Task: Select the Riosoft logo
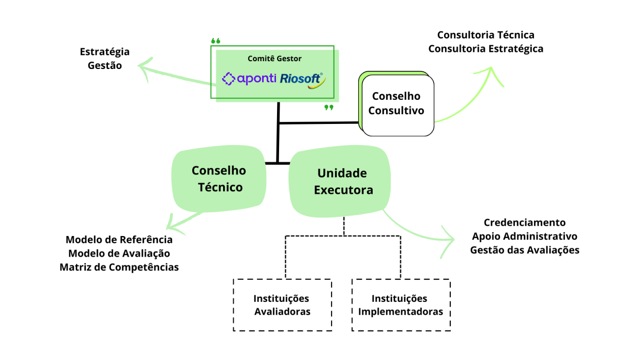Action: click(x=302, y=79)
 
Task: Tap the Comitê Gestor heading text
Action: click(x=274, y=59)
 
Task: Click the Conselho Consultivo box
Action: click(x=397, y=104)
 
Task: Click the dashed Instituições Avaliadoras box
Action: click(x=282, y=305)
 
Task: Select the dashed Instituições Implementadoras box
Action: click(x=400, y=305)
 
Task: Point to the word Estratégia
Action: click(x=105, y=52)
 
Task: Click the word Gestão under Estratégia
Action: click(x=105, y=65)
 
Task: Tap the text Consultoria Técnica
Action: click(x=486, y=35)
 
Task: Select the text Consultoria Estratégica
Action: click(x=486, y=49)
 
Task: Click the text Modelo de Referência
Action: click(x=119, y=240)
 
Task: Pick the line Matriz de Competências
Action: click(x=119, y=267)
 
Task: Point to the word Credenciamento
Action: click(x=525, y=223)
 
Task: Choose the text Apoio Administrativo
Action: click(x=525, y=237)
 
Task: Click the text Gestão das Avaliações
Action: click(x=525, y=250)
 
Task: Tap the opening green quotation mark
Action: click(x=216, y=41)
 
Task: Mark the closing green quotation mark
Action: click(x=329, y=107)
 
